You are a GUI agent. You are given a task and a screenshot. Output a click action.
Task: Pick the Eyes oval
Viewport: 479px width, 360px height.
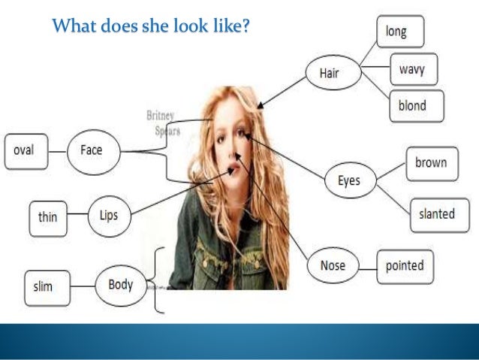coord(349,180)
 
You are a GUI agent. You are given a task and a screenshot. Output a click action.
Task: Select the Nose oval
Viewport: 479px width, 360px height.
coord(333,266)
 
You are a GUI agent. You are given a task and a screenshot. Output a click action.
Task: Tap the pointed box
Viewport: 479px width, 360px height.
coord(405,266)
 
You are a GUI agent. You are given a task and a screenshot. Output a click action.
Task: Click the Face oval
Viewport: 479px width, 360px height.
coord(91,150)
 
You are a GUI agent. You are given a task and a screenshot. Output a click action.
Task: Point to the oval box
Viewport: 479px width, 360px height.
coord(26,150)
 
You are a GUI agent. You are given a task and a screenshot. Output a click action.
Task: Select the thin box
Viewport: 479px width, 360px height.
coord(47,217)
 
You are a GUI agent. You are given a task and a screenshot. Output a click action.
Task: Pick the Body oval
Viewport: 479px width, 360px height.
coord(120,284)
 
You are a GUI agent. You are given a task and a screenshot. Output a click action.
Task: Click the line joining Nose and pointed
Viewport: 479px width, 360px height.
coord(366,266)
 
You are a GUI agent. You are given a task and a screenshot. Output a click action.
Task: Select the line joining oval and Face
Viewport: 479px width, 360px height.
coord(58,150)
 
